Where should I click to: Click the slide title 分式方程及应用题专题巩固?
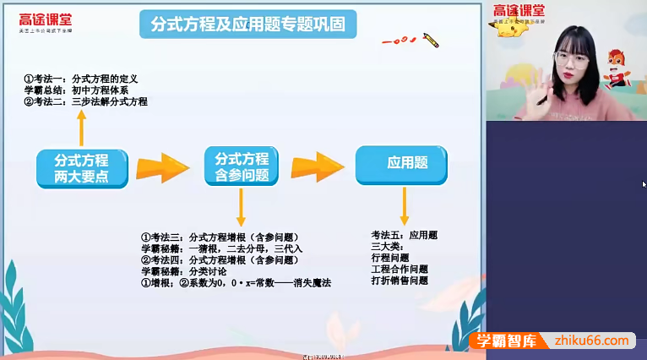[x=247, y=25]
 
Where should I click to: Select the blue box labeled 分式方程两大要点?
[x=83, y=168]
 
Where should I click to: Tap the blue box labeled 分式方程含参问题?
[x=242, y=166]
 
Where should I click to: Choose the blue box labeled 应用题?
[x=401, y=165]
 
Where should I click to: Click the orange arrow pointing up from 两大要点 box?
[x=81, y=128]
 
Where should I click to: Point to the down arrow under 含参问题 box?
[x=242, y=207]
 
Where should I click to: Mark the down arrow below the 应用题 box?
[x=405, y=205]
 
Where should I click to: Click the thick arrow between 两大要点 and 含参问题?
[x=162, y=166]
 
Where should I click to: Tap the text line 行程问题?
[x=389, y=258]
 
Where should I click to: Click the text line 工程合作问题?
[x=400, y=270]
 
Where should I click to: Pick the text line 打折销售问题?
[x=400, y=281]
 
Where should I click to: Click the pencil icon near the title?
[x=430, y=40]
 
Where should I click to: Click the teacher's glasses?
[x=570, y=57]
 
